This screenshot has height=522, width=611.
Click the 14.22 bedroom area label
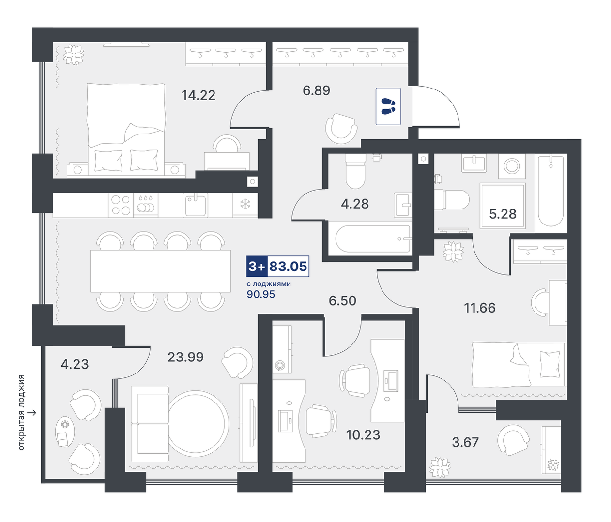(x=199, y=95)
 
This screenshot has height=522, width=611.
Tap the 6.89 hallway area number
(x=316, y=90)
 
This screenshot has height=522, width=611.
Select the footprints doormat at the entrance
(x=388, y=106)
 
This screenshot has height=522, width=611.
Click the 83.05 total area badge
(x=278, y=266)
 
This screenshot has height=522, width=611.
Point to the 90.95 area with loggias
(x=261, y=294)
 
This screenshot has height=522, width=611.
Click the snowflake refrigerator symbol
(x=245, y=204)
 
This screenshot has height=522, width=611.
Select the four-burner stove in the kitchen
(x=121, y=205)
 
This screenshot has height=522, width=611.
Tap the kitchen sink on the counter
(x=195, y=205)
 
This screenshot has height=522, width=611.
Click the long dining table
(x=161, y=271)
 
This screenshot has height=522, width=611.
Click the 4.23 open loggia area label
(x=75, y=364)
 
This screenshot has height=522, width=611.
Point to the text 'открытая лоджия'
(x=21, y=413)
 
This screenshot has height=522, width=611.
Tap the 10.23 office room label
(x=363, y=435)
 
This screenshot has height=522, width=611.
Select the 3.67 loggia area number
(x=465, y=442)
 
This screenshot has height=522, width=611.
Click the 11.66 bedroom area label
(x=480, y=308)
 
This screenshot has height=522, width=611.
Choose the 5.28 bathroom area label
(x=503, y=214)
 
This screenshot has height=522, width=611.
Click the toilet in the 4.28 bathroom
(x=355, y=171)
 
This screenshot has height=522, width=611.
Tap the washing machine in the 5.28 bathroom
(x=512, y=166)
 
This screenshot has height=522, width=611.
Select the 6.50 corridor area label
(x=343, y=301)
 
